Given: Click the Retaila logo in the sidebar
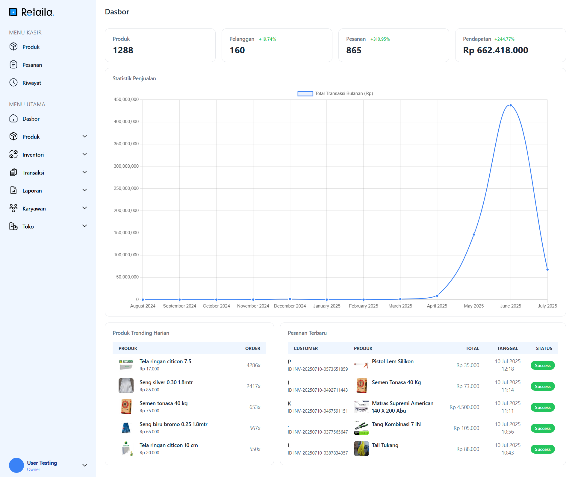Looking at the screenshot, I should tap(31, 12).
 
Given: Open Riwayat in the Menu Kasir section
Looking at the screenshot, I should tap(31, 83).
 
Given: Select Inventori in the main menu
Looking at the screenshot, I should tap(33, 155).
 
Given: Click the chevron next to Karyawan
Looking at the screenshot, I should tap(84, 208).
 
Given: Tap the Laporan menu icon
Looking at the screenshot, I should tap(13, 190).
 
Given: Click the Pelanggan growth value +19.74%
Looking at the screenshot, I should tap(267, 39).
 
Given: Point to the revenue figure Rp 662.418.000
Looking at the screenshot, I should tap(495, 50).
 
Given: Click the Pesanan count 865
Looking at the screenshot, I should tap(354, 50).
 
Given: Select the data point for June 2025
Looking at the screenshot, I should tap(511, 105).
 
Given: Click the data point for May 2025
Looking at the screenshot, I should tap(474, 234).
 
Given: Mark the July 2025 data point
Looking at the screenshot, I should tap(547, 269).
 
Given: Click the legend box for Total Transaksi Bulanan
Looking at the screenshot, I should tap(305, 94).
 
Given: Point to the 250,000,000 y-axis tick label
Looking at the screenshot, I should tap(126, 188).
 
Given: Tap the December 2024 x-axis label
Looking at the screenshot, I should tap(290, 306).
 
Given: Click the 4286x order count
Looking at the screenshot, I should tap(253, 365).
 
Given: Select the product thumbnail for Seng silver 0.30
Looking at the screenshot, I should tap(126, 386).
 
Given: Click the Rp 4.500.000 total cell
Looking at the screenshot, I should tap(464, 407).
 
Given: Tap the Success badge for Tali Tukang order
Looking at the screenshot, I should tap(542, 449).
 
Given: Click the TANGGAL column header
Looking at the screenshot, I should tap(507, 349).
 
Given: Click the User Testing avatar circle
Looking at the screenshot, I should tap(16, 465).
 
